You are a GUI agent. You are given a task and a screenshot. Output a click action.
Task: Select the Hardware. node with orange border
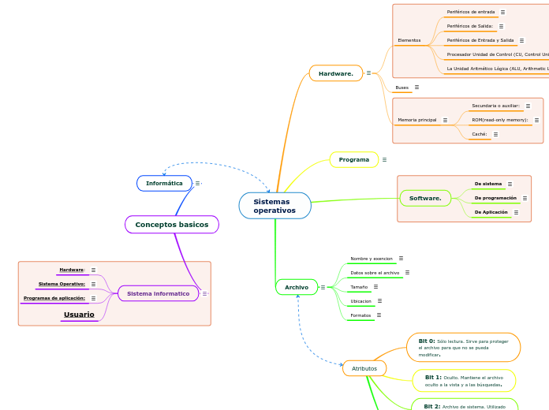point(335,73)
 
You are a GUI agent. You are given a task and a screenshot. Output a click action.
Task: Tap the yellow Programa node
point(353,160)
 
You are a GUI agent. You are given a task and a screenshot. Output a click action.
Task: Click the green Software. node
point(425,198)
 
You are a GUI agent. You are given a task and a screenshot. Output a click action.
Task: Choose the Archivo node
point(296,287)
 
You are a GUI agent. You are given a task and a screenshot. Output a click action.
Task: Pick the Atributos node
point(364,368)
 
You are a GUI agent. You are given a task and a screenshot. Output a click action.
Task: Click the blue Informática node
point(164,183)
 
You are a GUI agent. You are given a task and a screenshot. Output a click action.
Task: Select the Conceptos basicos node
point(171,225)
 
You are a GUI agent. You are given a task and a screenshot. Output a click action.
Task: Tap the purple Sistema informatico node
point(158,293)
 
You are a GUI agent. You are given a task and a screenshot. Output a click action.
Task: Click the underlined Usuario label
point(79,315)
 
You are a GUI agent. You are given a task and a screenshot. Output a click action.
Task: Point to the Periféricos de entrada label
point(470,12)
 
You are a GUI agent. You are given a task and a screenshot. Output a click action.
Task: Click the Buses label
point(401,88)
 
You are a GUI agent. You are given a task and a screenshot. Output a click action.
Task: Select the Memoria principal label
point(416,120)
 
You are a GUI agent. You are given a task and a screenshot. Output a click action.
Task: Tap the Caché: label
point(479,134)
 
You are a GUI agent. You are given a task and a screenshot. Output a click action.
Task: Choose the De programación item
point(495,198)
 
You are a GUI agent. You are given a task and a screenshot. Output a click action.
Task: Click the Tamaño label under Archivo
point(359,287)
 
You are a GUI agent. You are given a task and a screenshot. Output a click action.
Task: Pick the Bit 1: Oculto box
point(464,381)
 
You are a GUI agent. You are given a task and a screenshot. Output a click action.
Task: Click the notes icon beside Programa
point(384,160)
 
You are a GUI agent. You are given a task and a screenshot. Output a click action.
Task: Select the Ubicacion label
point(360,301)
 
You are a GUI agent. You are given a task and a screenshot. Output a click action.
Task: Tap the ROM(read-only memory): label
point(499,120)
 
